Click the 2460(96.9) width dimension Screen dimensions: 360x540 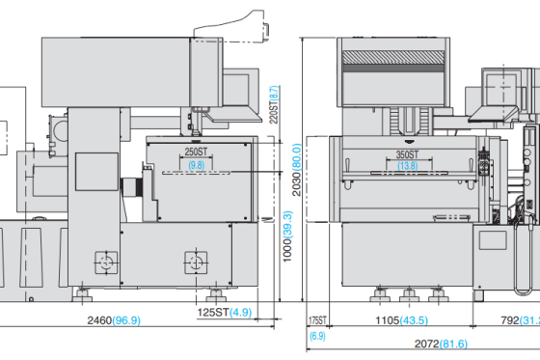coord(114,319)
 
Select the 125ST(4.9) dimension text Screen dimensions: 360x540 coord(225,313)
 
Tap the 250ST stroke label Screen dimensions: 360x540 coord(196,153)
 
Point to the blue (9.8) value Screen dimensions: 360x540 coord(196,166)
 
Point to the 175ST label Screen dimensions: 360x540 coord(316,320)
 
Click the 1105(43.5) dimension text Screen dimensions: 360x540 coord(402,320)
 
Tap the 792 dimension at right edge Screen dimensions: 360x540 coord(516,320)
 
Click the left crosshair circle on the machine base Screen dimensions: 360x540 coord(103,262)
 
